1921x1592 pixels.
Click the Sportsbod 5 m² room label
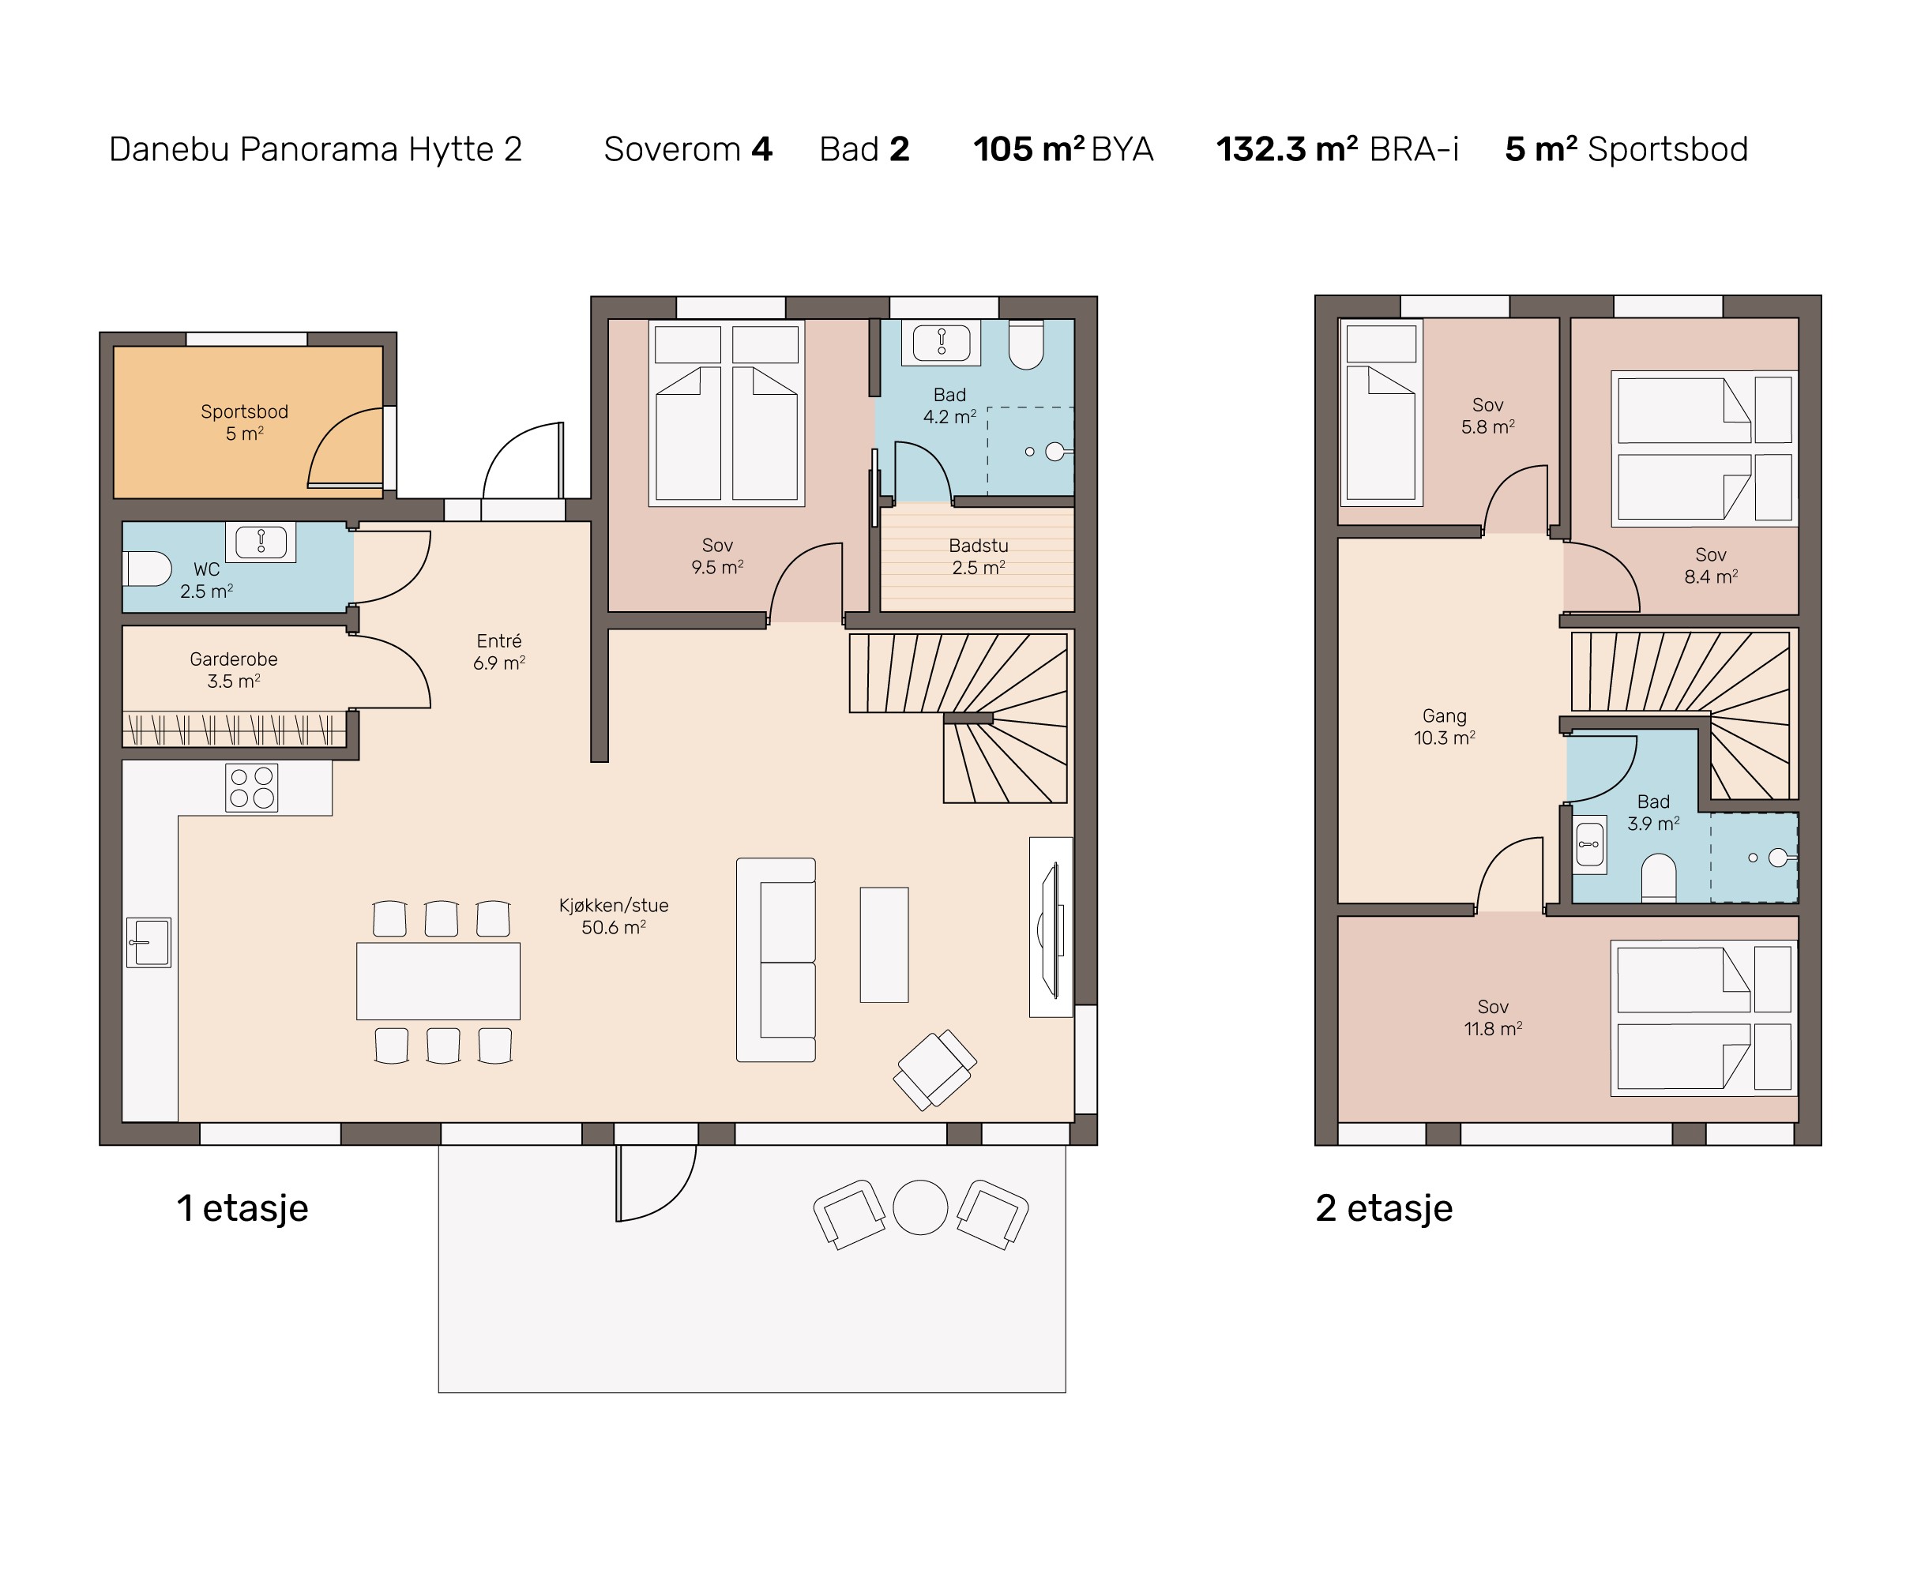(x=244, y=422)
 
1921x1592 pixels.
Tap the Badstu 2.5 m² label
(x=978, y=556)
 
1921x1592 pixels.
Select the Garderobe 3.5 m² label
(x=233, y=670)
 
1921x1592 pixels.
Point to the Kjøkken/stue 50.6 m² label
(x=614, y=915)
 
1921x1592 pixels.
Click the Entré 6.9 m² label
(x=498, y=651)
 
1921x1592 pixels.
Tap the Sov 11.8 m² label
(x=1493, y=1017)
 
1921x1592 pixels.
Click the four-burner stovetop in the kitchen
(x=251, y=787)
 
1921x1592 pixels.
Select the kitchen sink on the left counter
(x=149, y=942)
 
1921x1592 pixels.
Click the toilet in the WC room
(x=147, y=569)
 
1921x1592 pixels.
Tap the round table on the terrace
(x=920, y=1207)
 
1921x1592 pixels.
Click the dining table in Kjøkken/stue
(x=438, y=980)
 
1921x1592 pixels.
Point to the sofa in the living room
(x=776, y=959)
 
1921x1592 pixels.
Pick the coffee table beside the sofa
(x=884, y=944)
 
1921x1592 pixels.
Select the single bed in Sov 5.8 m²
(x=1382, y=412)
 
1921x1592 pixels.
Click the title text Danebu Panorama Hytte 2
(x=316, y=149)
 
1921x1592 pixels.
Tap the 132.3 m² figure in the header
(x=1287, y=149)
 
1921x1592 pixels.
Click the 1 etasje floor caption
(x=242, y=1208)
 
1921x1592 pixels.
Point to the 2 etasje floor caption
(x=1384, y=1208)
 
